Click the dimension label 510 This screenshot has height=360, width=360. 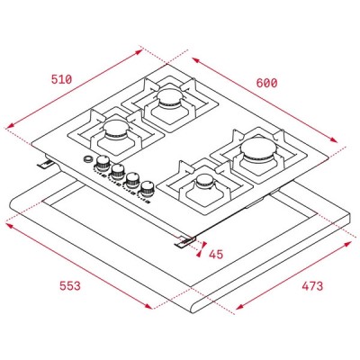click(62, 78)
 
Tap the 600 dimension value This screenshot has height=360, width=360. click(267, 82)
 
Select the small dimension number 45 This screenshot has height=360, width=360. click(216, 254)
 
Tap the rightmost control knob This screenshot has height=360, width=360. click(147, 188)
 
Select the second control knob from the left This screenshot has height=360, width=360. click(118, 171)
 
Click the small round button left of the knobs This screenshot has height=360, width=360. click(88, 162)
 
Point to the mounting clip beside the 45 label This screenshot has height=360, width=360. click(186, 238)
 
